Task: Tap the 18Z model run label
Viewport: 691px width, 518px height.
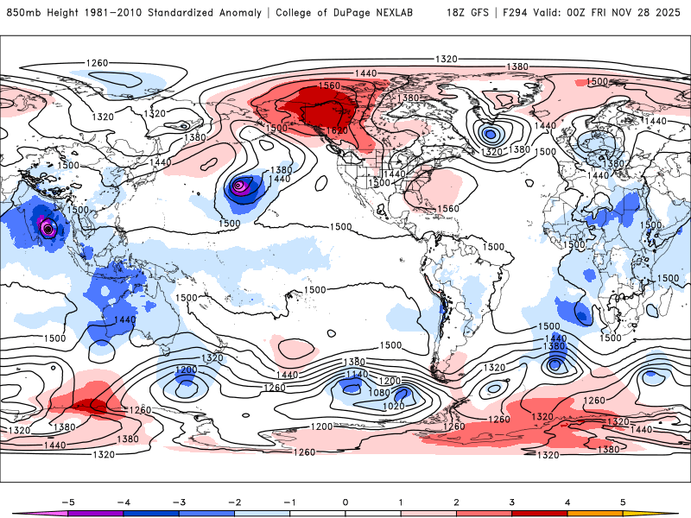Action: coord(458,13)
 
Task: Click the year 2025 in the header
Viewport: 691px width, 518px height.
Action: coord(667,13)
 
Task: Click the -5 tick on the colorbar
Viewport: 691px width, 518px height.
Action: coord(66,501)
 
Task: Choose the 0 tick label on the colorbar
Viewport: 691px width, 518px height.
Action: coord(345,501)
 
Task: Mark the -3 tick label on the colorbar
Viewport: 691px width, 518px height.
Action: coord(177,501)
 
